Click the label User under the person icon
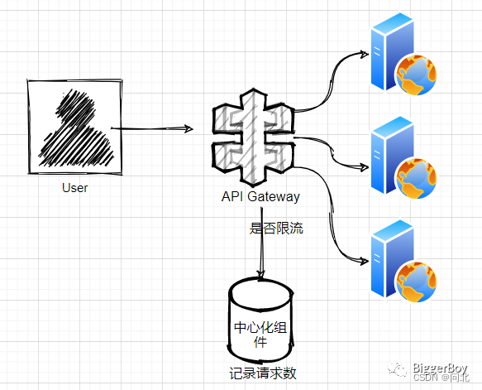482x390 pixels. (74, 188)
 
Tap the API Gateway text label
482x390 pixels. (260, 197)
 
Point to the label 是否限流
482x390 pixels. (276, 228)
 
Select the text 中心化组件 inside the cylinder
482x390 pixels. (261, 333)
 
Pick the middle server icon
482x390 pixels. (401, 157)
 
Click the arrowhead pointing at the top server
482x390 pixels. (363, 55)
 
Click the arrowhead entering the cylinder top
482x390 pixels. (262, 276)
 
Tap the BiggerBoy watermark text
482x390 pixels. (441, 367)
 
